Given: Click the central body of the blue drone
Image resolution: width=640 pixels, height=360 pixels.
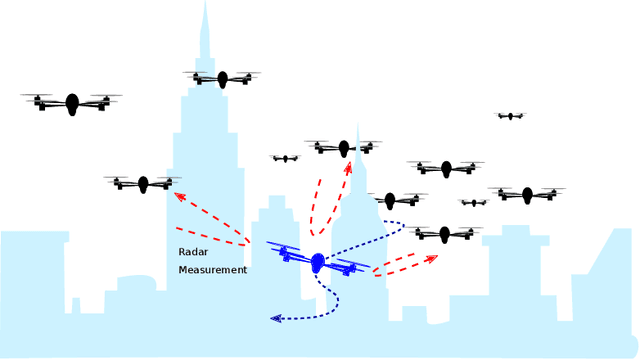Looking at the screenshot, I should [318, 262].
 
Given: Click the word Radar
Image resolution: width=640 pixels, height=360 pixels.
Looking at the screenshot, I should [193, 252].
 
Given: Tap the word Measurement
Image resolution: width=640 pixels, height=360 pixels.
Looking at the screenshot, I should [212, 270].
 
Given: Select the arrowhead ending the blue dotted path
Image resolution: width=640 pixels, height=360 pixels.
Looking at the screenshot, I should [275, 318].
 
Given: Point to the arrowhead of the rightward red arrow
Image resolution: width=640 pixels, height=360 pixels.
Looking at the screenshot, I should [432, 258].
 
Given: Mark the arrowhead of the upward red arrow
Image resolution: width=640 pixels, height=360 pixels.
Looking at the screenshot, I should [349, 166].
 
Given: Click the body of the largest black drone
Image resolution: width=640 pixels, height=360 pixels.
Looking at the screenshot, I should [72, 103].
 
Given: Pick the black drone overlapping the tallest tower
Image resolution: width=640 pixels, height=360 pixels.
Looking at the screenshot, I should [222, 79].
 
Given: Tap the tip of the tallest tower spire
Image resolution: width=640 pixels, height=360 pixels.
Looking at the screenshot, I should [205, 3].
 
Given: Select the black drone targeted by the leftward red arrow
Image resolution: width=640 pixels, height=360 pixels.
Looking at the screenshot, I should [143, 184].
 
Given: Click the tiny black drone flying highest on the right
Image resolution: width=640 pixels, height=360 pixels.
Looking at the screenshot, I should [511, 116].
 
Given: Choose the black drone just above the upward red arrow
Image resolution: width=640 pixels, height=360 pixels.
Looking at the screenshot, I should [344, 148].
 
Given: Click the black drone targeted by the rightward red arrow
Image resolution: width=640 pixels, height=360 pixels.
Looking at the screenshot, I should [445, 234].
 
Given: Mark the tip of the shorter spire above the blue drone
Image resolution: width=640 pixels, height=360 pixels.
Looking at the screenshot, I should [358, 126].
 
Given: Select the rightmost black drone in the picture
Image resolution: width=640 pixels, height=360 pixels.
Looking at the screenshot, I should [527, 194].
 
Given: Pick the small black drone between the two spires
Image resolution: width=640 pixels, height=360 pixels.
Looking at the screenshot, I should [286, 158].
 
